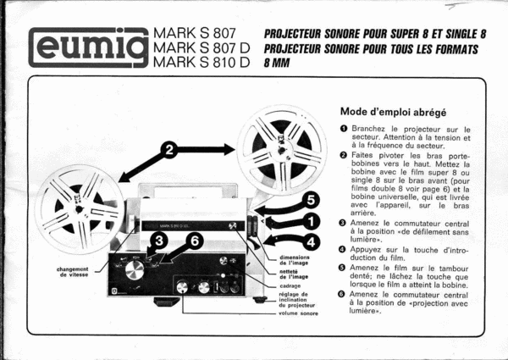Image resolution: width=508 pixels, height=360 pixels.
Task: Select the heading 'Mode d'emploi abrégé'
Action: (x=393, y=111)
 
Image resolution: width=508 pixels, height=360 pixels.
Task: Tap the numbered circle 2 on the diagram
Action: (x=169, y=150)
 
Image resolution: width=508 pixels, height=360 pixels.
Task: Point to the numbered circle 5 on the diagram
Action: (x=312, y=200)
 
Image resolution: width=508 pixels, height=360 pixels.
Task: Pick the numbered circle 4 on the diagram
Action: (x=312, y=241)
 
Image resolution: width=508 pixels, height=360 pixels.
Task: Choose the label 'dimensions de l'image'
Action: (x=294, y=260)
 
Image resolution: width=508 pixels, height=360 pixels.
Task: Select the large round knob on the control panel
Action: (x=135, y=271)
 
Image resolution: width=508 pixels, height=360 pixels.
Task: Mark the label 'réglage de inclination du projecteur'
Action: (x=294, y=300)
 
